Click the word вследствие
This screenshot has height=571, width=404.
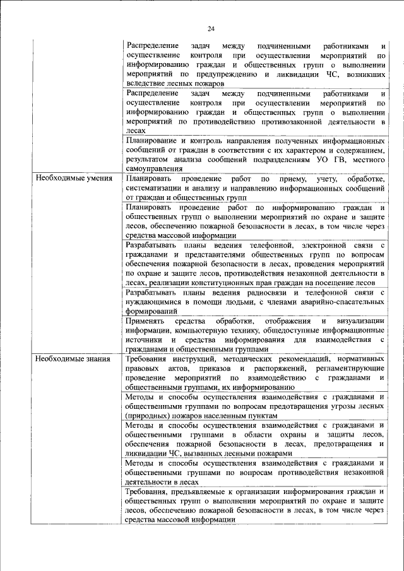coord(146,83)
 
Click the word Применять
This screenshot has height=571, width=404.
coord(146,321)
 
